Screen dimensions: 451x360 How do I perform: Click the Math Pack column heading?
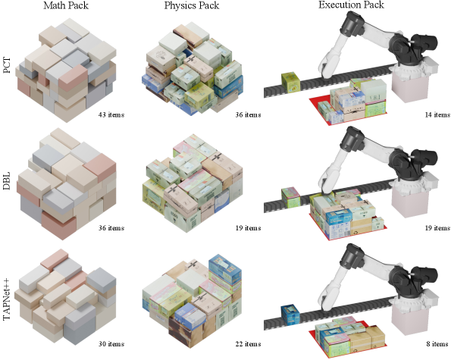pyautogui.click(x=66, y=5)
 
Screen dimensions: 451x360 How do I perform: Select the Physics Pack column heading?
pyautogui.click(x=192, y=5)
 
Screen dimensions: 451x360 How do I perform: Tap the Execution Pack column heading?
pyautogui.click(x=351, y=5)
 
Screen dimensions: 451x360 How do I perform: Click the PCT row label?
pyautogui.click(x=7, y=65)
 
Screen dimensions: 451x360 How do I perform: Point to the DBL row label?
pyautogui.click(x=7, y=180)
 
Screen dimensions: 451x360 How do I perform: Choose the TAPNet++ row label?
pyautogui.click(x=7, y=299)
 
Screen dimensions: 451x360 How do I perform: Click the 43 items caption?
pyautogui.click(x=111, y=114)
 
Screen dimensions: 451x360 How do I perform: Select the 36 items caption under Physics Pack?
pyautogui.click(x=248, y=114)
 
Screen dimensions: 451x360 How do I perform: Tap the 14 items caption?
pyautogui.click(x=437, y=114)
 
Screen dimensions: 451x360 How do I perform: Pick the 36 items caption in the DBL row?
pyautogui.click(x=111, y=228)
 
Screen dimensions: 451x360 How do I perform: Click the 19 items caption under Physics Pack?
pyautogui.click(x=248, y=228)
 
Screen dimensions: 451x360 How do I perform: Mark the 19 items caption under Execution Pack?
pyautogui.click(x=437, y=228)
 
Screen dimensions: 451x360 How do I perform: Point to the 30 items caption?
pyautogui.click(x=111, y=344)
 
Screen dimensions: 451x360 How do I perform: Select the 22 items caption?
pyautogui.click(x=248, y=344)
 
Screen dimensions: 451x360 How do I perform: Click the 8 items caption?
pyautogui.click(x=437, y=344)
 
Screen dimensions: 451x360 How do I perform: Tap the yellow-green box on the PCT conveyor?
pyautogui.click(x=291, y=83)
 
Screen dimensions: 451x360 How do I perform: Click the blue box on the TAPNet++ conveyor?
pyautogui.click(x=290, y=315)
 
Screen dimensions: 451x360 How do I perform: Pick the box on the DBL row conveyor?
pyautogui.click(x=290, y=197)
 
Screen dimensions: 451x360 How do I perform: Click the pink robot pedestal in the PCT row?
pyautogui.click(x=410, y=86)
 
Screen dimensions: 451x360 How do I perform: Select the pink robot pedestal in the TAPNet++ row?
pyautogui.click(x=410, y=319)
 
